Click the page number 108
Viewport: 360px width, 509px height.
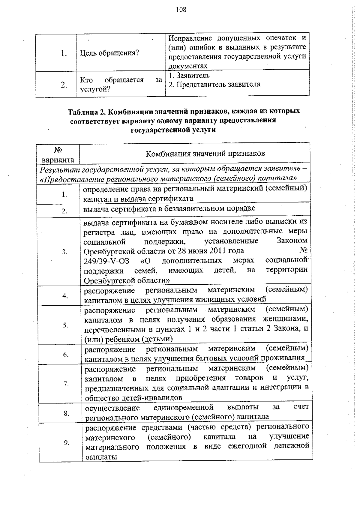pyautogui.click(x=181, y=10)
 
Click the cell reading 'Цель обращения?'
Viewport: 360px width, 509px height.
pyautogui.click(x=109, y=53)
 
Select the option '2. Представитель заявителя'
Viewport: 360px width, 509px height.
pyautogui.click(x=214, y=85)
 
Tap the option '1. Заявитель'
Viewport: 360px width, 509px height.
pyautogui.click(x=189, y=76)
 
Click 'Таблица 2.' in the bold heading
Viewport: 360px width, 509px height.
pyautogui.click(x=86, y=112)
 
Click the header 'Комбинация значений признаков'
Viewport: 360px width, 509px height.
pyautogui.click(x=205, y=154)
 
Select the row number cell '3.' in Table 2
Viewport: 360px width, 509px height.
pyautogui.click(x=64, y=252)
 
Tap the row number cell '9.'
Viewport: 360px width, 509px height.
pyautogui.click(x=67, y=443)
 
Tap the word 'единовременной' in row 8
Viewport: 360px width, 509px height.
pyautogui.click(x=183, y=408)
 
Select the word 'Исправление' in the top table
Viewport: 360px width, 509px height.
pyautogui.click(x=190, y=38)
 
